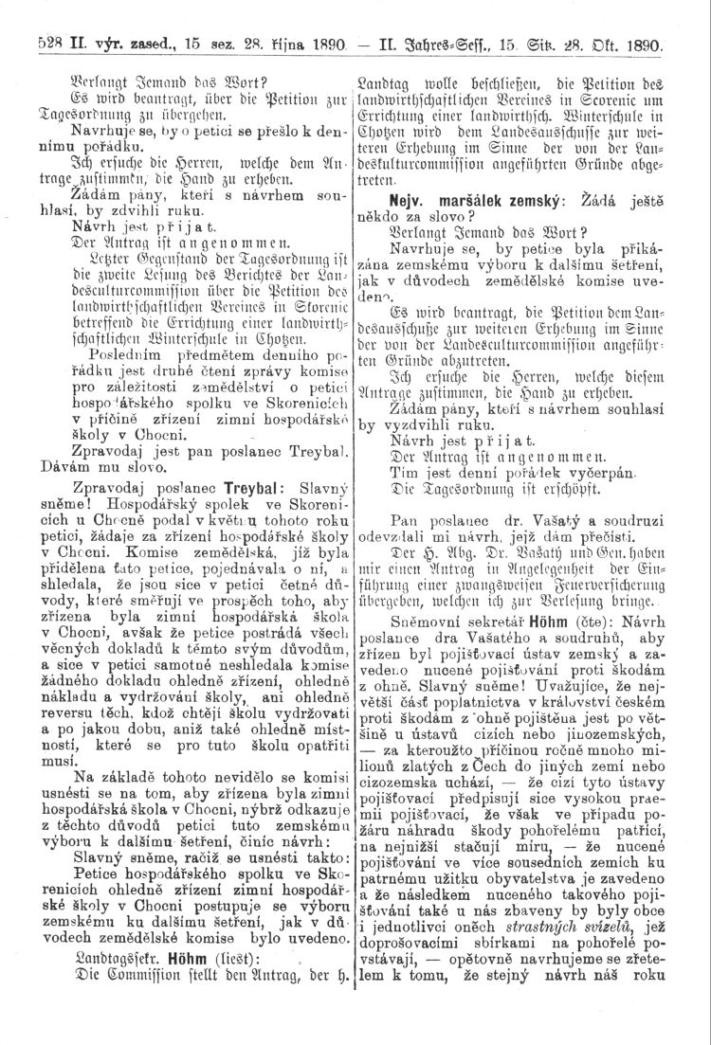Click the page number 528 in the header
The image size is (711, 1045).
pos(48,45)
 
